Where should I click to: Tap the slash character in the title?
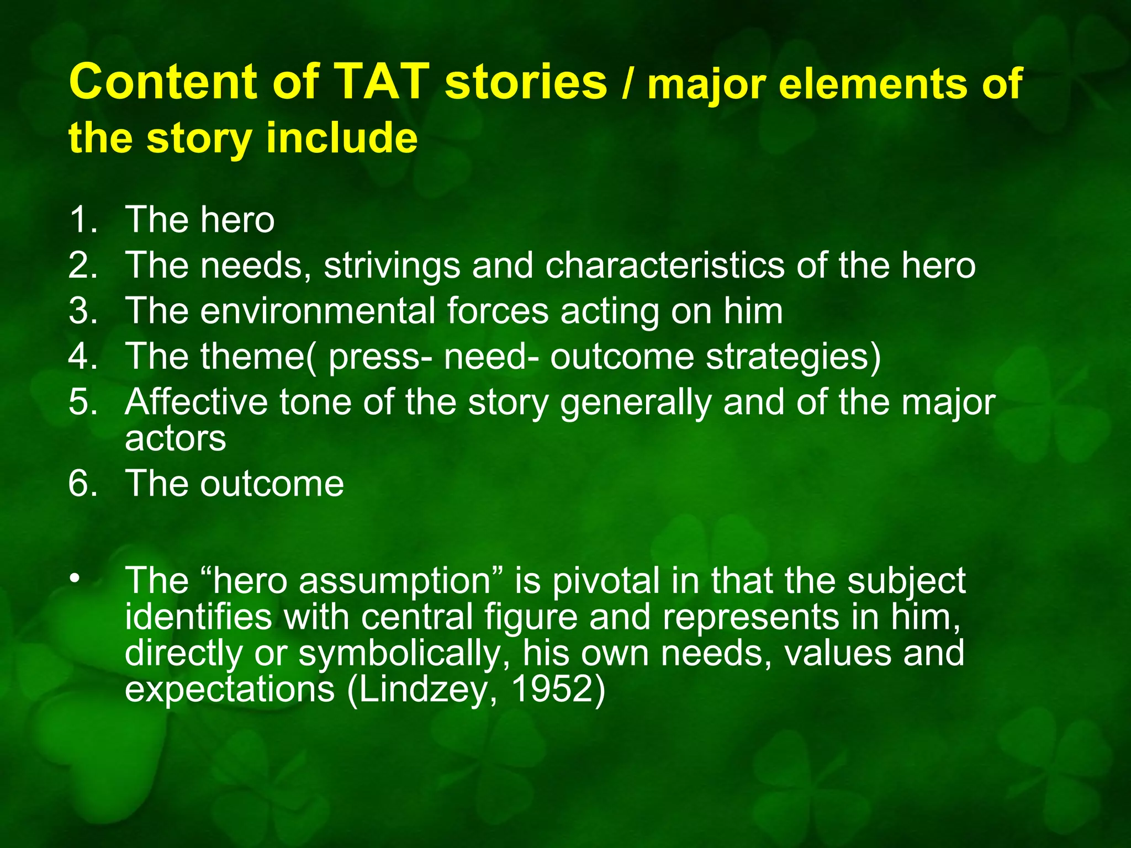click(x=626, y=86)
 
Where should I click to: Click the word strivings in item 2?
click(x=392, y=266)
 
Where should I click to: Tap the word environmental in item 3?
click(x=319, y=311)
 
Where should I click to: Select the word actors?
click(x=175, y=438)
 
